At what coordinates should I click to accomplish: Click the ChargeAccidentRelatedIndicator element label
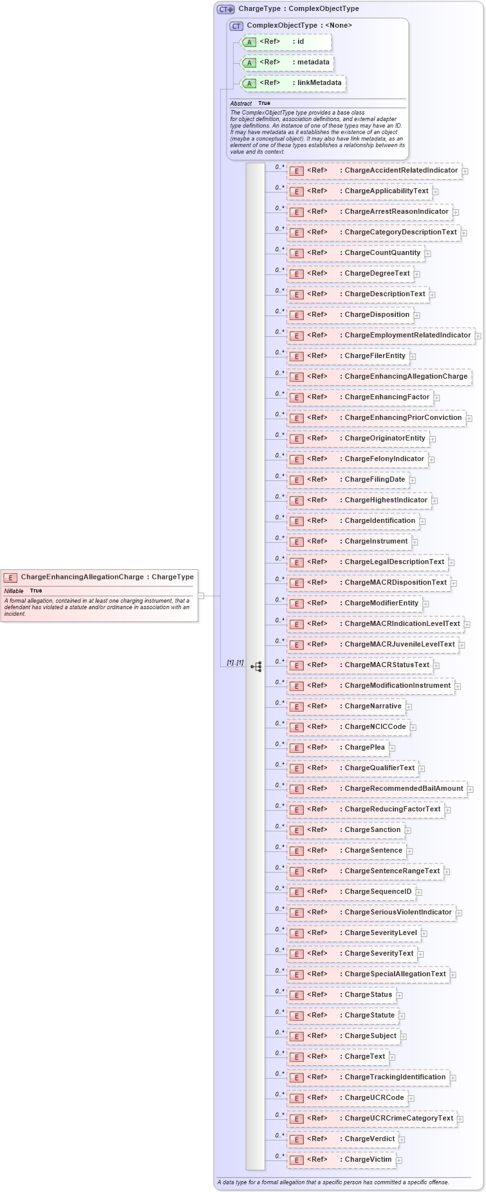pyautogui.click(x=401, y=171)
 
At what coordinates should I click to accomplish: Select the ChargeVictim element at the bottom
pyautogui.click(x=368, y=1160)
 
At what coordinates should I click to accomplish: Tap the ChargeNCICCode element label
pyautogui.click(x=375, y=727)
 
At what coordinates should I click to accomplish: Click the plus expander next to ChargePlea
pyautogui.click(x=392, y=748)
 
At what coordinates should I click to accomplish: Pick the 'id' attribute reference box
pyautogui.click(x=286, y=42)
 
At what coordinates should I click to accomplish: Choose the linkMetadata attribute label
pyautogui.click(x=319, y=83)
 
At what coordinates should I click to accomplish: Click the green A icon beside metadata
pyautogui.click(x=249, y=63)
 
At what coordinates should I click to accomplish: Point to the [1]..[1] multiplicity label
pyautogui.click(x=235, y=663)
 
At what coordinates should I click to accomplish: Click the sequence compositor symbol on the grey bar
pyautogui.click(x=256, y=667)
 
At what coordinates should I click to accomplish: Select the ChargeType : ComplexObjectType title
pyautogui.click(x=299, y=9)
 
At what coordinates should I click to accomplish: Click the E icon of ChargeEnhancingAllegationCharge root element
pyautogui.click(x=10, y=578)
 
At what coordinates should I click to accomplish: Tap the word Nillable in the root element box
pyautogui.click(x=14, y=591)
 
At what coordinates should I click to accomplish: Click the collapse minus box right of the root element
pyautogui.click(x=201, y=596)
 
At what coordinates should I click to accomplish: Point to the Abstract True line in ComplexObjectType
pyautogui.click(x=250, y=103)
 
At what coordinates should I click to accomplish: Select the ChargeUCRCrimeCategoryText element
pyautogui.click(x=398, y=1119)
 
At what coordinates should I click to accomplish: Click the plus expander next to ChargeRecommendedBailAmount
pyautogui.click(x=471, y=790)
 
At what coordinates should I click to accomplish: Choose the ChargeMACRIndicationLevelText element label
pyautogui.click(x=402, y=624)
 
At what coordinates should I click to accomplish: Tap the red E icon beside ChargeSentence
pyautogui.click(x=296, y=851)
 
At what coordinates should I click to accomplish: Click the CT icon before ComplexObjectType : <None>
pyautogui.click(x=236, y=26)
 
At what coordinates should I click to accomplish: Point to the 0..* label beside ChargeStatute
pyautogui.click(x=279, y=1012)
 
